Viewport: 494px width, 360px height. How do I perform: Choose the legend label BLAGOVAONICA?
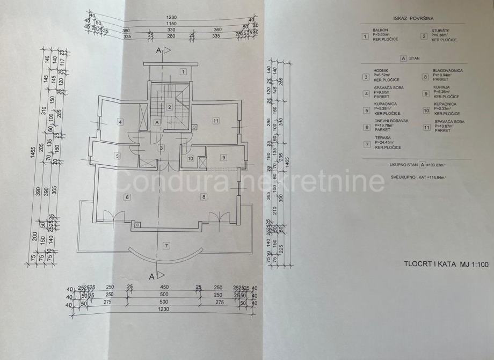point(448,71)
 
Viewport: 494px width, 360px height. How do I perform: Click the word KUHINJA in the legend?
point(442,87)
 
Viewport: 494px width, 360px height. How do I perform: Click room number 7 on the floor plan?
point(166,246)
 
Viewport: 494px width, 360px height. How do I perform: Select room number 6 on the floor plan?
point(127,197)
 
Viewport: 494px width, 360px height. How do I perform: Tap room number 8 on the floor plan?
point(204,197)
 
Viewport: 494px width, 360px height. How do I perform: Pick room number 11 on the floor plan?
point(216,121)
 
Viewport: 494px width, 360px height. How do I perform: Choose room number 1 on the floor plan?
point(183,71)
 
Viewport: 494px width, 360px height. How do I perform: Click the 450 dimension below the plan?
point(164,287)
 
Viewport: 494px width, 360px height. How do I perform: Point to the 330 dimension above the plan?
point(165,30)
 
